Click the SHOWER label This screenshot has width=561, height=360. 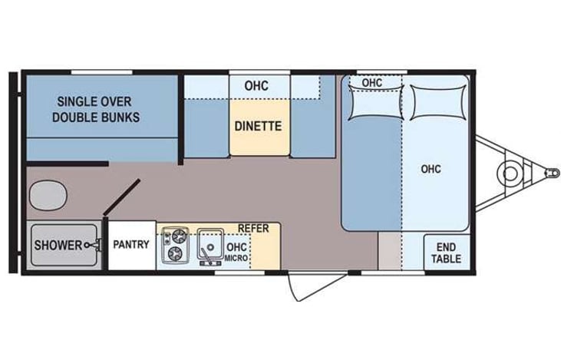58,245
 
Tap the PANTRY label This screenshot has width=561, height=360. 131,245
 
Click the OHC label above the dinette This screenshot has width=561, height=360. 256,85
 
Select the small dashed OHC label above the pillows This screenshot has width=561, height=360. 372,82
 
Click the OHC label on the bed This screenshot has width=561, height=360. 431,169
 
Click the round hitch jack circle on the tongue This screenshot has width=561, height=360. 508,173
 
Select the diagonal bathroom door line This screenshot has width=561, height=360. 121,198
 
